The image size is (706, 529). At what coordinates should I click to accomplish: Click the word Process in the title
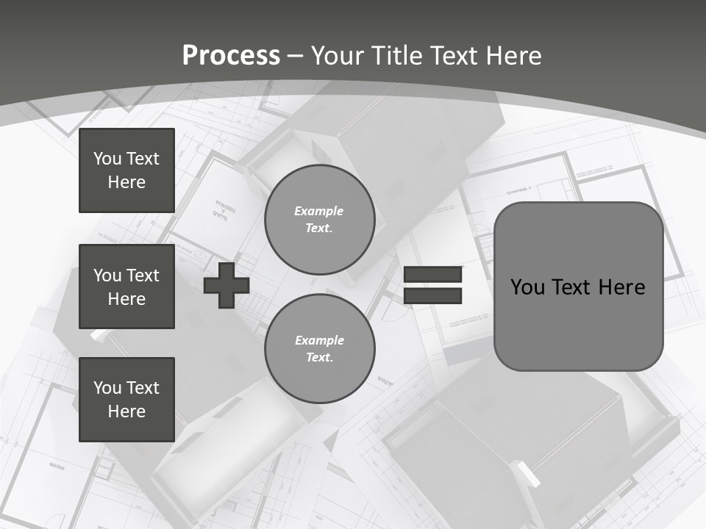[231, 55]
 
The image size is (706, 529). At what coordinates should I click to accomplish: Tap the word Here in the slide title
[514, 55]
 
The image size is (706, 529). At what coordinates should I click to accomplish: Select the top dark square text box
[126, 170]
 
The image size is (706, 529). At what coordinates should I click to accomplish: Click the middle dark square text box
[126, 287]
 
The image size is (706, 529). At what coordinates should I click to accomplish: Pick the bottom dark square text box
[126, 400]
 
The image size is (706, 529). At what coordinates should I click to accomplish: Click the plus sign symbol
[227, 286]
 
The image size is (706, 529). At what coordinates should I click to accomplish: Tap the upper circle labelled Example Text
[319, 220]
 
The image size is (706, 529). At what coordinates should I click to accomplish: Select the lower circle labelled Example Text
[319, 349]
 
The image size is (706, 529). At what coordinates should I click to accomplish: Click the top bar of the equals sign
[432, 275]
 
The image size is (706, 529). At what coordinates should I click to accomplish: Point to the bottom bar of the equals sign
[432, 295]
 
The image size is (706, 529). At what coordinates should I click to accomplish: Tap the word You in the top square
[107, 159]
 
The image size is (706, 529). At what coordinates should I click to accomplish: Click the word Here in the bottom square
[126, 411]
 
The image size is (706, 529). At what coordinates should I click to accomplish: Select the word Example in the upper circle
[319, 211]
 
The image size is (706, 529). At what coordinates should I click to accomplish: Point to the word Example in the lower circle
[319, 340]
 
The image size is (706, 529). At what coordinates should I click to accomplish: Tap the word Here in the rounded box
[621, 287]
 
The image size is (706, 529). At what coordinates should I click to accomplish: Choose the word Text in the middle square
[143, 276]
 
